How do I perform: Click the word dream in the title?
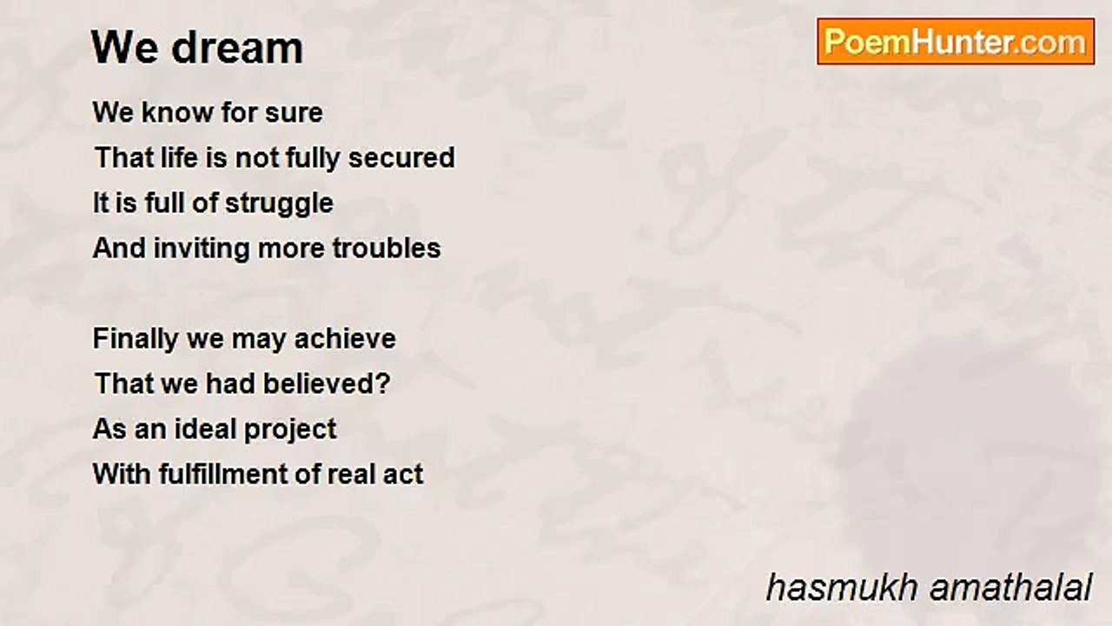[237, 48]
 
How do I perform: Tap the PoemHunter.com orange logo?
[956, 42]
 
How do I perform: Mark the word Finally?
[135, 340]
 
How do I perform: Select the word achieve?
[345, 339]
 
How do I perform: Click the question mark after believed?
[383, 383]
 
